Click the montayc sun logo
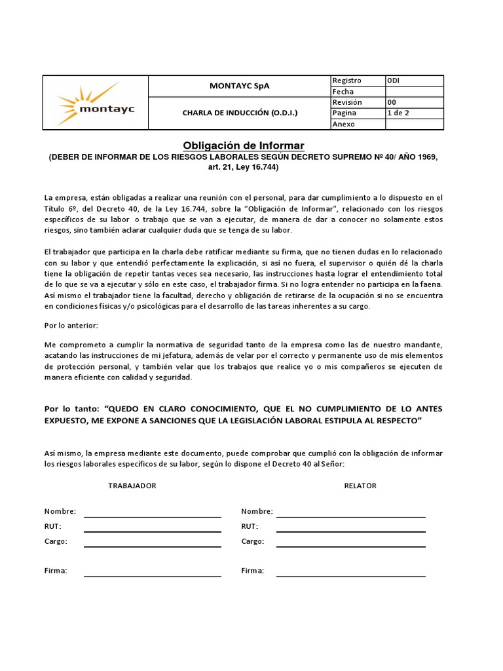[96, 103]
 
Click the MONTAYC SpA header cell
[239, 86]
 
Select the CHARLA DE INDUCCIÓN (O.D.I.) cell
[239, 113]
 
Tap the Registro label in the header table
[347, 81]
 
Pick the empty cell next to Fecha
[413, 92]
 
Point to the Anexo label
[344, 124]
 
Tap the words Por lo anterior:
[71, 326]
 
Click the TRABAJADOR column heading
[132, 486]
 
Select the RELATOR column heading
[360, 486]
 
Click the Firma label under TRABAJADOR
[56, 571]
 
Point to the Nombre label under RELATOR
[256, 511]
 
